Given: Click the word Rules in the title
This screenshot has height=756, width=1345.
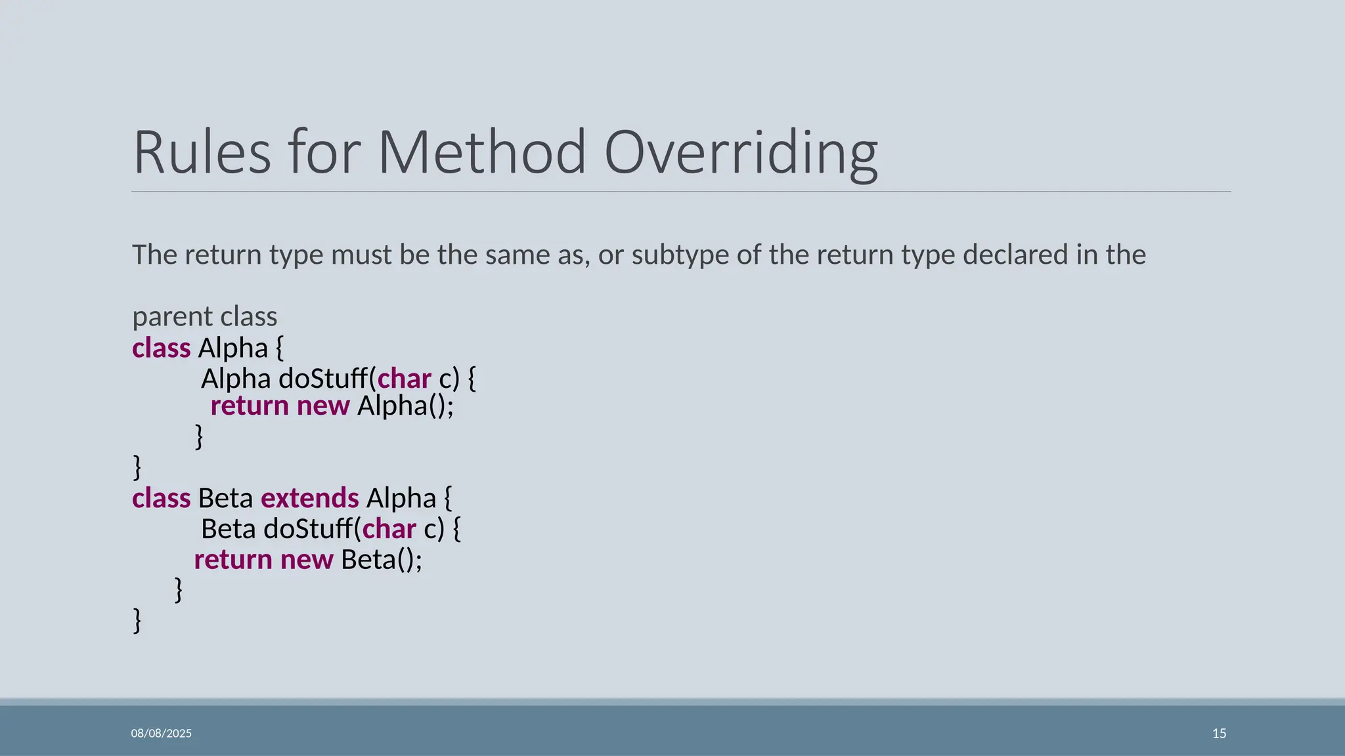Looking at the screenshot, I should pyautogui.click(x=202, y=152).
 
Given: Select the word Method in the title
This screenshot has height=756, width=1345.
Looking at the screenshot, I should pyautogui.click(x=481, y=152).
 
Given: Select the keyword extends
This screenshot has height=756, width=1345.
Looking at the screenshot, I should pyautogui.click(x=310, y=498).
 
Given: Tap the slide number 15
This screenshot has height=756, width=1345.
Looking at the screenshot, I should pyautogui.click(x=1219, y=733).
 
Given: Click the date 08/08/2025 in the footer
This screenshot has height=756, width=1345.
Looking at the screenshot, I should pyautogui.click(x=162, y=733).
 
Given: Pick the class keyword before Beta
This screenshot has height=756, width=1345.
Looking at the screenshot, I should pyautogui.click(x=161, y=498).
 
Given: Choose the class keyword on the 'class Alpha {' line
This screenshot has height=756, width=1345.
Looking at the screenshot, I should pyautogui.click(x=161, y=348).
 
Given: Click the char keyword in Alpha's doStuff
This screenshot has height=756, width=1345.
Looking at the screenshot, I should pyautogui.click(x=404, y=379).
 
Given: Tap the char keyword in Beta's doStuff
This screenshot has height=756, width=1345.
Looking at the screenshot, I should pyautogui.click(x=389, y=529).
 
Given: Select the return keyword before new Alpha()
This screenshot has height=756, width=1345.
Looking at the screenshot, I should pyautogui.click(x=250, y=406).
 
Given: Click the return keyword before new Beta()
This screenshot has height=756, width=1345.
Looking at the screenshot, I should pyautogui.click(x=233, y=560).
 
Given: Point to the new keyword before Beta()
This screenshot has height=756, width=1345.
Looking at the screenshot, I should pyautogui.click(x=307, y=560).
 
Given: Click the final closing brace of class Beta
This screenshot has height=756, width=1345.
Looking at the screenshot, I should pyautogui.click(x=137, y=620).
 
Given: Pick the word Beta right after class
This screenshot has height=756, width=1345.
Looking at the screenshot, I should pyautogui.click(x=225, y=498).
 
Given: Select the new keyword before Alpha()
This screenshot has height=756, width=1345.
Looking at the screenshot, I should pyautogui.click(x=323, y=406).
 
